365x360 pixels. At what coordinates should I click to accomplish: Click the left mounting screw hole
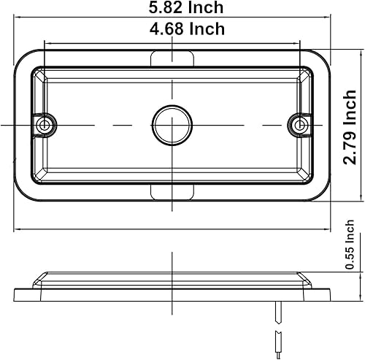pos(46,126)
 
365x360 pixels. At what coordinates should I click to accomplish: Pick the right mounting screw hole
pos(299,126)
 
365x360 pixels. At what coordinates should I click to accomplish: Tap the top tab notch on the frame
pos(172,58)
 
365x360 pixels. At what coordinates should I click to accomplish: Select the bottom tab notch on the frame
pos(172,191)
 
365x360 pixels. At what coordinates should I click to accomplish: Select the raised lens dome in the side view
pos(172,279)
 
